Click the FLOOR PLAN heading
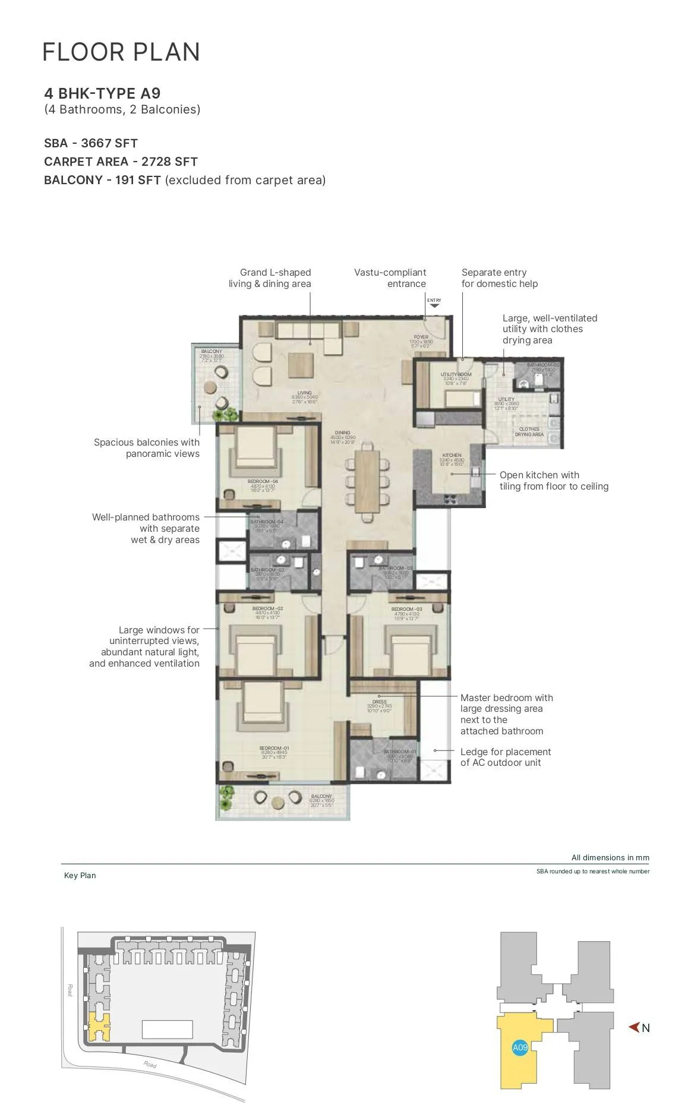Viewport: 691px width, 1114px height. [121, 52]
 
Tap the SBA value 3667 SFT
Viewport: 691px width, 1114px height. [109, 143]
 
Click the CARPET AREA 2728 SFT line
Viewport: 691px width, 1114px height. [121, 162]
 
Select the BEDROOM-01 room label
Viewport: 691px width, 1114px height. [274, 748]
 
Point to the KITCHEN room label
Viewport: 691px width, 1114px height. [452, 455]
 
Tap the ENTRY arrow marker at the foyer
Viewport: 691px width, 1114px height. [434, 305]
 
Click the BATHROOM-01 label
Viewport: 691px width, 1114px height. [399, 752]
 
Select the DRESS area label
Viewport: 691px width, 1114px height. [379, 702]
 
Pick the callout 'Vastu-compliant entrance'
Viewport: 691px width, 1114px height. [390, 278]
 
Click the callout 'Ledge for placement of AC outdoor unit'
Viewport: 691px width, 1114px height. [505, 757]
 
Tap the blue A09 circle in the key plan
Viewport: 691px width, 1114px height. [520, 1047]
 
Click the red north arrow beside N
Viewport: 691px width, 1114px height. [634, 1027]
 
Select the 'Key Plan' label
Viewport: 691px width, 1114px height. [80, 875]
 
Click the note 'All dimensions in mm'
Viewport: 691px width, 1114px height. [610, 857]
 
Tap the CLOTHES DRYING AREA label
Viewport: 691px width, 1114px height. [529, 431]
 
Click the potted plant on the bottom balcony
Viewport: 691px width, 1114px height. [226, 797]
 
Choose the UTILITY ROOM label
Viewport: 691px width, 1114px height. [456, 375]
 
